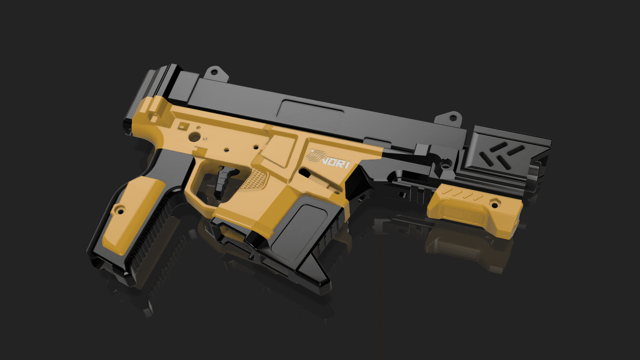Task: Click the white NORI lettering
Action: [x=336, y=163]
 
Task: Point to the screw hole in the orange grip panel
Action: [x=120, y=211]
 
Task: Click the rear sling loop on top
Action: [x=216, y=73]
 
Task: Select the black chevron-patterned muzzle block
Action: [x=504, y=154]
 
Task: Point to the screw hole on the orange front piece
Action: [x=494, y=205]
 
